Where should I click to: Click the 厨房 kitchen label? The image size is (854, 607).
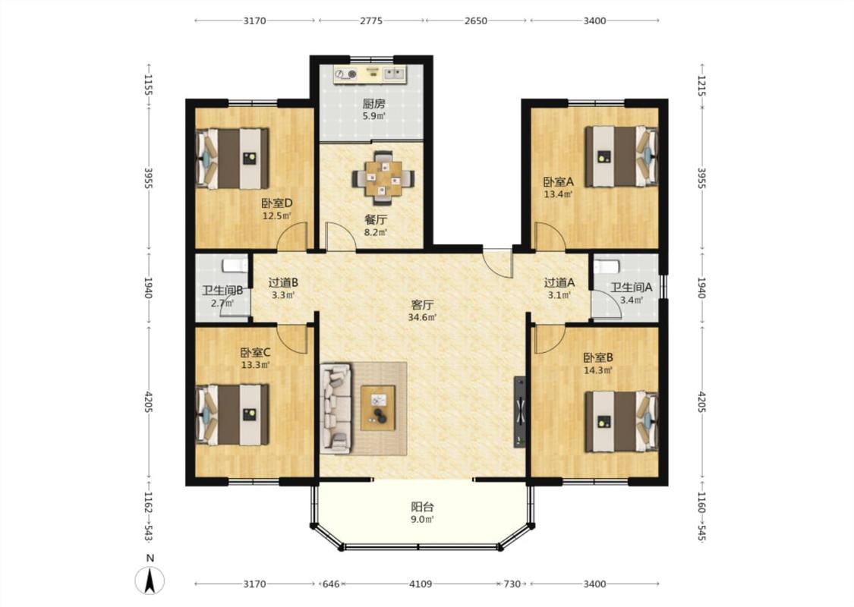(x=373, y=103)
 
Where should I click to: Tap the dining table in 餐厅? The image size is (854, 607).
(x=383, y=178)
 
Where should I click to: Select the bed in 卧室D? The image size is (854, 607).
(x=232, y=159)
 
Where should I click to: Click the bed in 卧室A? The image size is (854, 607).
(x=622, y=156)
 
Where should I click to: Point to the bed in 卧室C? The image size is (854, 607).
(x=232, y=415)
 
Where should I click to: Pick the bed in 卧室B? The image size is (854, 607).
(x=622, y=421)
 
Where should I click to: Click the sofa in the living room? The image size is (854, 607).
(x=336, y=408)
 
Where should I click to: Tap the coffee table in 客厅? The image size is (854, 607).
(x=378, y=407)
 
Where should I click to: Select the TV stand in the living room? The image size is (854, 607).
(x=519, y=412)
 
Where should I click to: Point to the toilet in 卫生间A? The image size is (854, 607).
(x=607, y=266)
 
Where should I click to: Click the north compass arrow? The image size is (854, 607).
(x=150, y=580)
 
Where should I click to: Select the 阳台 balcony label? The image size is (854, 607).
(x=422, y=507)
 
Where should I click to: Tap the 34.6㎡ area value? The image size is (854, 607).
(x=423, y=317)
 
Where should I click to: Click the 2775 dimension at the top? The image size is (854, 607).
(x=371, y=21)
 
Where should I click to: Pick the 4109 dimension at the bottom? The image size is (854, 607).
(x=421, y=584)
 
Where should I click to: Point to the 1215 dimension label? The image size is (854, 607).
(x=701, y=86)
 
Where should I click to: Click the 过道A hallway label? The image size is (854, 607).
(x=559, y=282)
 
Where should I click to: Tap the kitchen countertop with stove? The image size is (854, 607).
(x=371, y=75)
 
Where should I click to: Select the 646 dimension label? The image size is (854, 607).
(x=331, y=584)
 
